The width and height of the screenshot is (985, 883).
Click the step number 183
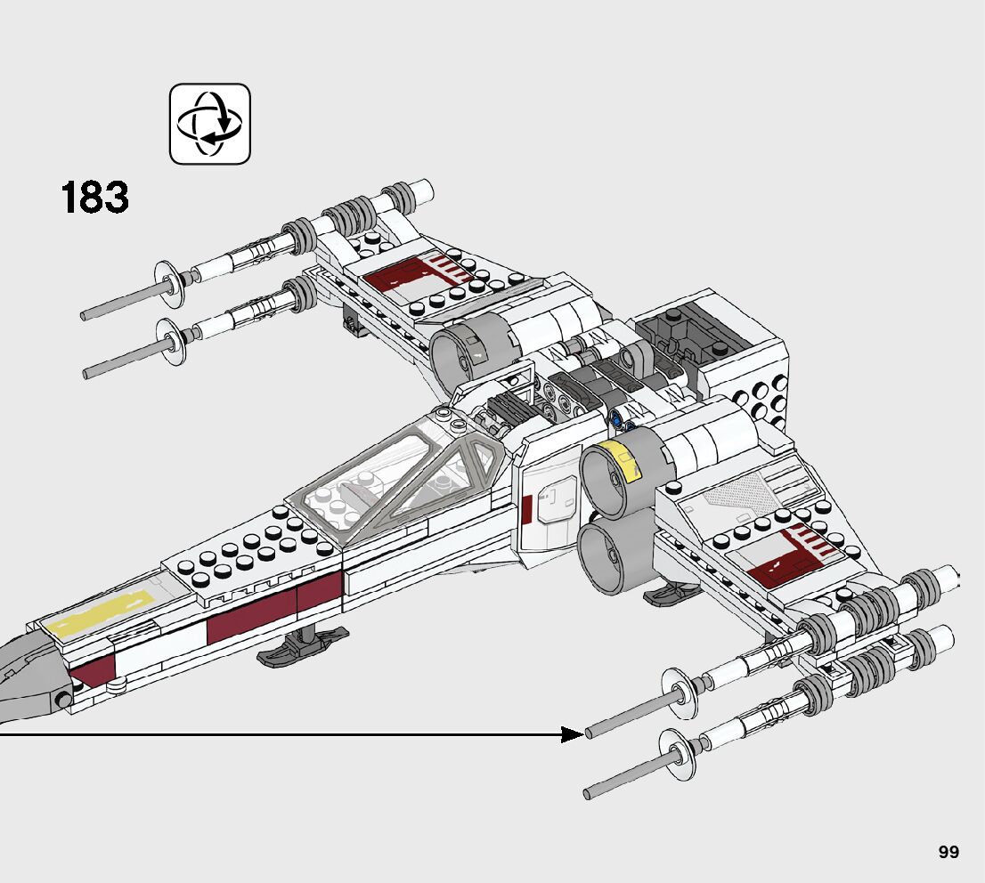(x=95, y=198)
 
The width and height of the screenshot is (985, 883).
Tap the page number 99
(x=948, y=852)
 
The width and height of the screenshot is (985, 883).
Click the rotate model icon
(x=210, y=124)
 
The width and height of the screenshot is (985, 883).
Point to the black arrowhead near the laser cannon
(x=573, y=734)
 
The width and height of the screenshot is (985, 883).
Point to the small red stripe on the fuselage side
(x=526, y=508)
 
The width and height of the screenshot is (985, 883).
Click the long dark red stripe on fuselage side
(x=274, y=609)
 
